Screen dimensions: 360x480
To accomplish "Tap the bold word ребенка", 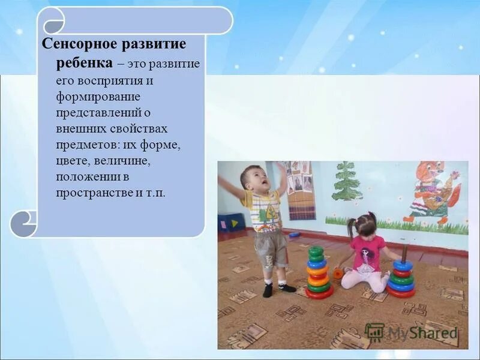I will (x=84, y=62).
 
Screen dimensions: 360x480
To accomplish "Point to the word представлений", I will (x=99, y=112).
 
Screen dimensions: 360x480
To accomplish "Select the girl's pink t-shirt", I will (x=368, y=252).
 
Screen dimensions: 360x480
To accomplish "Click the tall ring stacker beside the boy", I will (x=318, y=273).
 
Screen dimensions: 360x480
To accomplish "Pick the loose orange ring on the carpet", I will (x=338, y=273).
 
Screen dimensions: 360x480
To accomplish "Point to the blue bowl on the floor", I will (x=294, y=235).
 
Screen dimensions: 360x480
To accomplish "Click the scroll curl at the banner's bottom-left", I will (x=24, y=223).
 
